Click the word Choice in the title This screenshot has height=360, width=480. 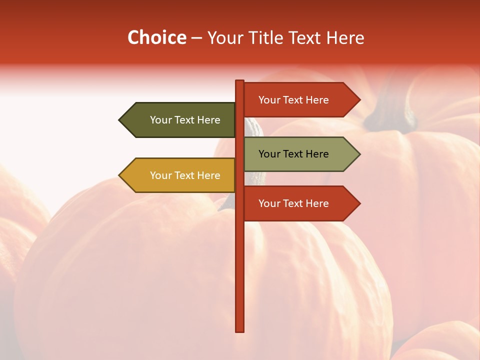pyautogui.click(x=156, y=38)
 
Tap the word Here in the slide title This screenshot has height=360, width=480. pyautogui.click(x=345, y=38)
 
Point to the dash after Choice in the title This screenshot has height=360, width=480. pyautogui.click(x=196, y=38)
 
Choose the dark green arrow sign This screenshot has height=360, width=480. pyautogui.click(x=180, y=120)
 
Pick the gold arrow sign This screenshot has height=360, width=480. pyautogui.click(x=180, y=175)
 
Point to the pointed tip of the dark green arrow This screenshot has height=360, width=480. pyautogui.click(x=120, y=120)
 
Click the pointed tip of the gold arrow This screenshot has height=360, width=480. pyautogui.click(x=120, y=175)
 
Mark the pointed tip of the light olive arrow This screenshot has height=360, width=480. pyautogui.click(x=359, y=154)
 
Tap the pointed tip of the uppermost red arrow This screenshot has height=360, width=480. pyautogui.click(x=359, y=100)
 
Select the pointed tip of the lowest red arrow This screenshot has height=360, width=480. pyautogui.click(x=359, y=203)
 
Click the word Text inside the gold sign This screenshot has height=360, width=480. pyautogui.click(x=185, y=175)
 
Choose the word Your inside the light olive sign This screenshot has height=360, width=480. pyautogui.click(x=269, y=154)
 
